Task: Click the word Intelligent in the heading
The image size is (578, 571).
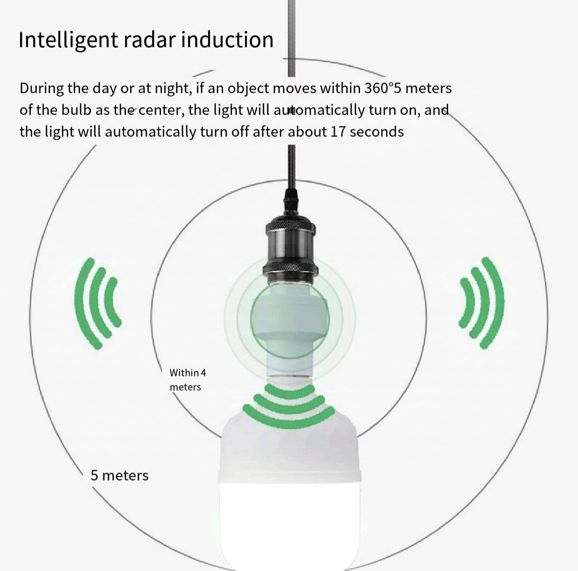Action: (68, 40)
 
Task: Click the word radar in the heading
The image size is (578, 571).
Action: (149, 40)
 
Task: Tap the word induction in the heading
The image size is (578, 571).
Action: (227, 40)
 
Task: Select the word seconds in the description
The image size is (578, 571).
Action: (377, 132)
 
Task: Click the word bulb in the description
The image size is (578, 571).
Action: (76, 110)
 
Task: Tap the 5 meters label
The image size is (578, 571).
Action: (119, 475)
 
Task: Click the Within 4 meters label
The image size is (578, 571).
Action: (188, 380)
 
